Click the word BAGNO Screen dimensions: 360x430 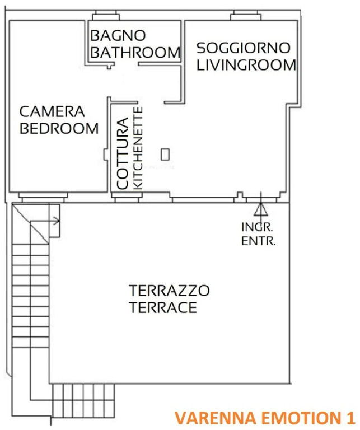pyautogui.click(x=118, y=35)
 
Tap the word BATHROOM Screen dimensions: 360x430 pyautogui.click(x=135, y=53)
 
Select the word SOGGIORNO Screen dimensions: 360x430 pyautogui.click(x=244, y=48)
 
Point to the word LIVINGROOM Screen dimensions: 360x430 pyautogui.click(x=246, y=66)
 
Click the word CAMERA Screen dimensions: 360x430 pyautogui.click(x=52, y=111)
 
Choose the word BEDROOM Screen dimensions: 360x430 pyautogui.click(x=59, y=128)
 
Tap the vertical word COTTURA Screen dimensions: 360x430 pyautogui.click(x=123, y=153)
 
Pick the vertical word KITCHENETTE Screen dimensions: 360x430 pyautogui.click(x=138, y=148)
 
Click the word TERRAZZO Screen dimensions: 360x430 pyautogui.click(x=169, y=291)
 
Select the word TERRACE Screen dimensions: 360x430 pyautogui.click(x=163, y=307)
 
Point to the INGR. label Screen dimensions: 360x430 pyautogui.click(x=257, y=227)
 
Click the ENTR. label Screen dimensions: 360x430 pyautogui.click(x=258, y=241)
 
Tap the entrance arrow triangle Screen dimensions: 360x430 pyautogui.click(x=261, y=209)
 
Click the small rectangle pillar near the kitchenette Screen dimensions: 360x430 pyautogui.click(x=165, y=155)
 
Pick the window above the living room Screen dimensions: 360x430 pyautogui.click(x=246, y=16)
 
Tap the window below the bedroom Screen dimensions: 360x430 pyautogui.click(x=43, y=198)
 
